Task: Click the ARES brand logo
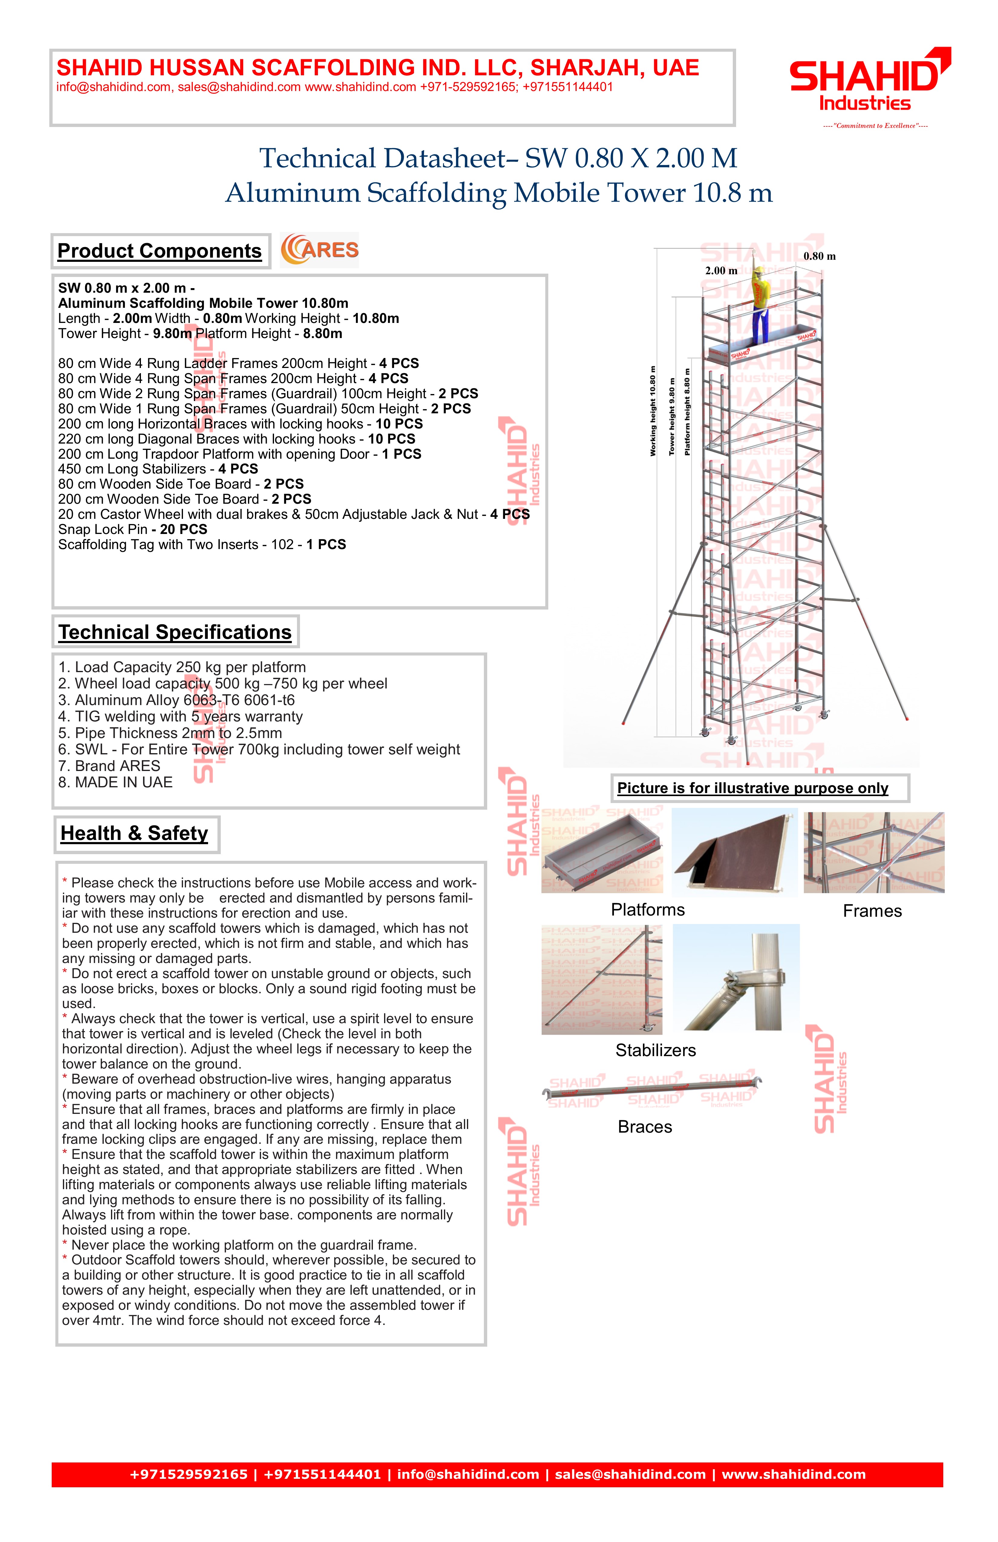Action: pos(319,250)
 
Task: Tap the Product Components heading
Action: pos(159,251)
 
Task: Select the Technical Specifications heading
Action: pos(175,632)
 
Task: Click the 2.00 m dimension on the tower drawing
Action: pos(721,271)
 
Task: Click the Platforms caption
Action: pos(647,910)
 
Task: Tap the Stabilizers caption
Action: pos(655,1050)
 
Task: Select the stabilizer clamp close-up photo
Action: pos(736,977)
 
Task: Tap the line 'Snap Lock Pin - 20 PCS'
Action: pos(133,529)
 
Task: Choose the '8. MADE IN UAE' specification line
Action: pos(115,783)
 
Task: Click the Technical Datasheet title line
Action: pos(498,159)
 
